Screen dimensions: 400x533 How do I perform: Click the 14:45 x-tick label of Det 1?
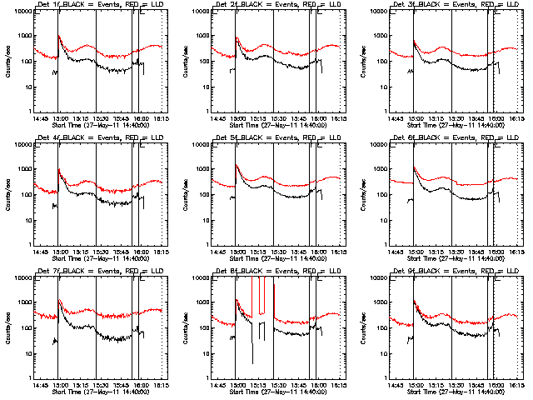point(40,117)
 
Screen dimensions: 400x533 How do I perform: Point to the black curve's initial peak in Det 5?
point(237,165)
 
